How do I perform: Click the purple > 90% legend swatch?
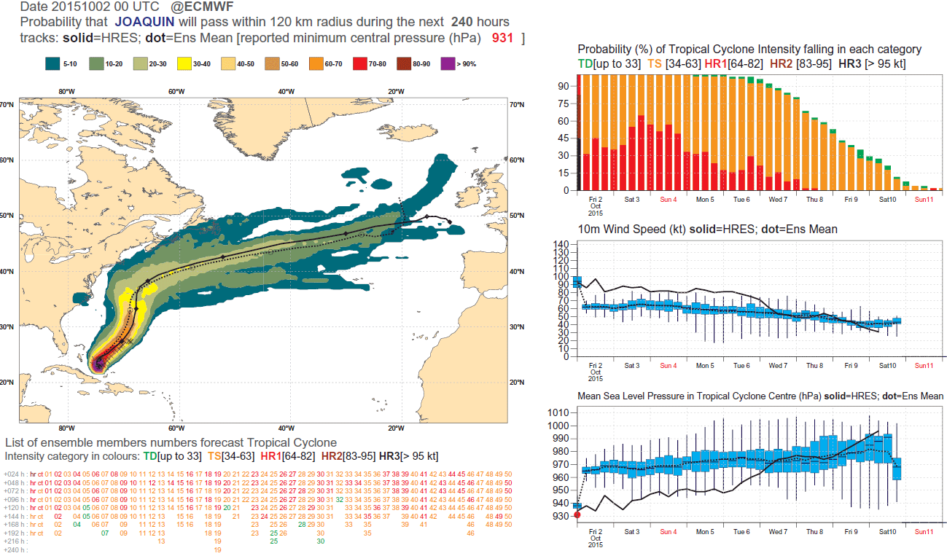pos(448,64)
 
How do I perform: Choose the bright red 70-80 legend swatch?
pos(360,64)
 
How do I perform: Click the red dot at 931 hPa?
pos(577,515)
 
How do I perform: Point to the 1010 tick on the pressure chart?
pos(558,412)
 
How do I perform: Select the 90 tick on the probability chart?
pos(564,85)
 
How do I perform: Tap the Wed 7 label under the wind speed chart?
pos(778,365)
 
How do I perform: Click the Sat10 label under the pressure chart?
pos(887,532)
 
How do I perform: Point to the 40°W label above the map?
pos(286,91)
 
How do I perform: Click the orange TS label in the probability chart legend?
pos(654,64)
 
